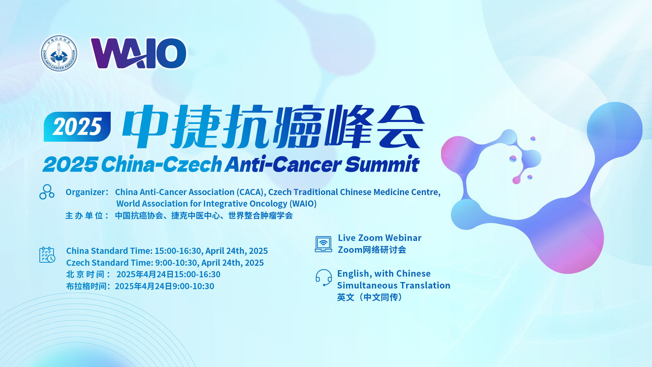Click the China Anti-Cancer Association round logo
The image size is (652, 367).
(59, 53)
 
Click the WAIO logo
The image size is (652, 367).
(139, 53)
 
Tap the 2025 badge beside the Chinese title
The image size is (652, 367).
(77, 127)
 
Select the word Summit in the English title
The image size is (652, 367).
(382, 164)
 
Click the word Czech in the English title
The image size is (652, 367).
(193, 164)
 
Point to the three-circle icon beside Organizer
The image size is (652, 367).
(47, 192)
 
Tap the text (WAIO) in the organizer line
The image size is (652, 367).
(303, 204)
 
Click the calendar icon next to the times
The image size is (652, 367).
(47, 255)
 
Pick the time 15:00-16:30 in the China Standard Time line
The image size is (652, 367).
(178, 251)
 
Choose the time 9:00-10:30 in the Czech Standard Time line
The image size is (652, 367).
(176, 263)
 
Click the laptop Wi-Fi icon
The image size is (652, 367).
(323, 244)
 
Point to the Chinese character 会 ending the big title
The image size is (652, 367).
(401, 126)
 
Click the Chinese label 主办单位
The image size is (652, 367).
(84, 216)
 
